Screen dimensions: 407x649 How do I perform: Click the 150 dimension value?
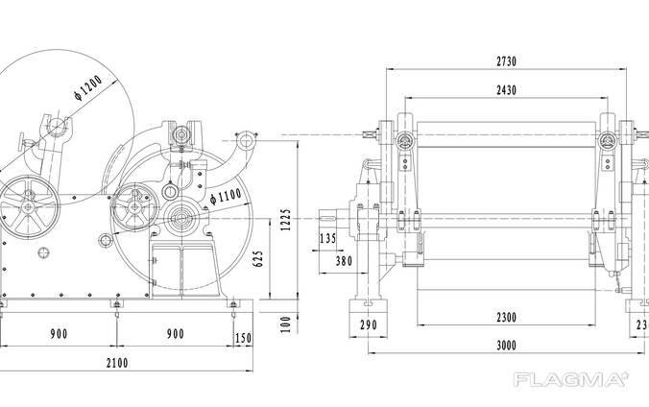pyautogui.click(x=244, y=337)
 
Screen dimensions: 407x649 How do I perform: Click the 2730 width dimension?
pyautogui.click(x=506, y=61)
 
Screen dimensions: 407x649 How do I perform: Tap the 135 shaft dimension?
pyautogui.click(x=327, y=238)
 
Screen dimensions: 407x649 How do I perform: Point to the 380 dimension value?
pyautogui.click(x=342, y=258)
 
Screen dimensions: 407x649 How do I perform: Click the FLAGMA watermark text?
pyautogui.click(x=571, y=380)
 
